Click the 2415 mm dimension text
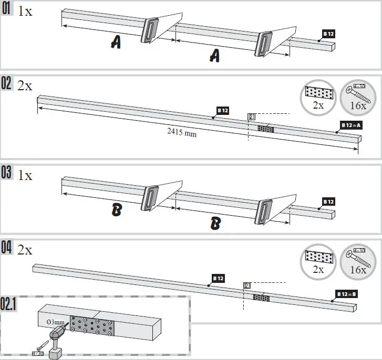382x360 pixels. pos(182,133)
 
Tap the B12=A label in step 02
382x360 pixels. pos(352,125)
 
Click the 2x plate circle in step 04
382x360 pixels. pos(318,262)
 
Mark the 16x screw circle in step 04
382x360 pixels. pos(359,262)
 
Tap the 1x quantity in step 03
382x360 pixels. pos(25,175)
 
